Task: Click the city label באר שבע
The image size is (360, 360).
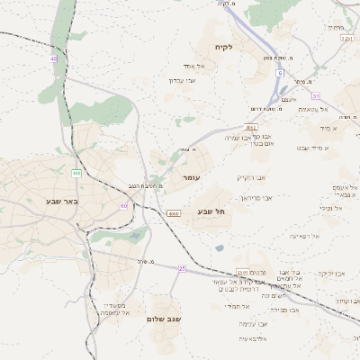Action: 62,201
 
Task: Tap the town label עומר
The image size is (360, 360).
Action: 190,179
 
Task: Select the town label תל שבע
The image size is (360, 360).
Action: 210,211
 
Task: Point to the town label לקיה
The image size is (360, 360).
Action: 223,47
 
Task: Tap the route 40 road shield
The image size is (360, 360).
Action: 54,58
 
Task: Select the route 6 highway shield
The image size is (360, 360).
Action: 280,72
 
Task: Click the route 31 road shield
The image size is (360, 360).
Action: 315,95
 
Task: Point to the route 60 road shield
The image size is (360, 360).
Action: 123,206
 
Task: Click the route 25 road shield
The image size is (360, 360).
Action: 182,268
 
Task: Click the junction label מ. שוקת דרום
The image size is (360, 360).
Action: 267,109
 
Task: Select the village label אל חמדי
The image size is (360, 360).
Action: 238,306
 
